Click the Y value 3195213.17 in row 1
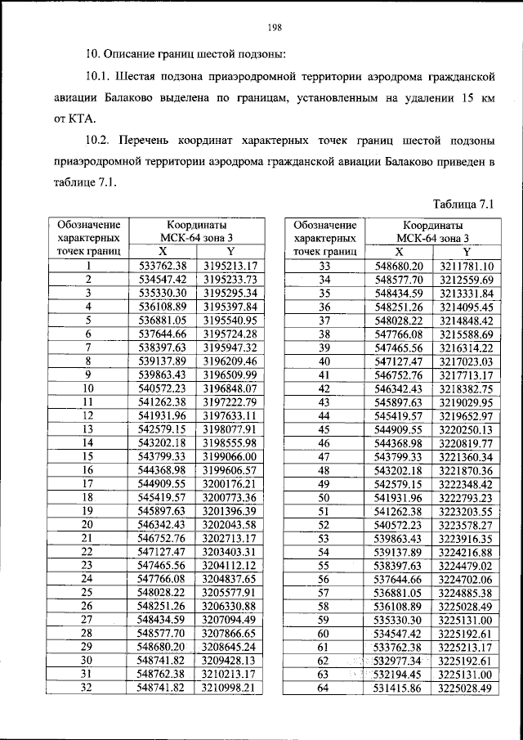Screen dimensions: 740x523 [230, 266]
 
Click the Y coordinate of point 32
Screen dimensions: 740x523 [230, 688]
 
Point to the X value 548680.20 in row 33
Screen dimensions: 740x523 [399, 266]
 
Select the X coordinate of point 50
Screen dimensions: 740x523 [399, 497]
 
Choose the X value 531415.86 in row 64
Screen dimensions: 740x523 [399, 688]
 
